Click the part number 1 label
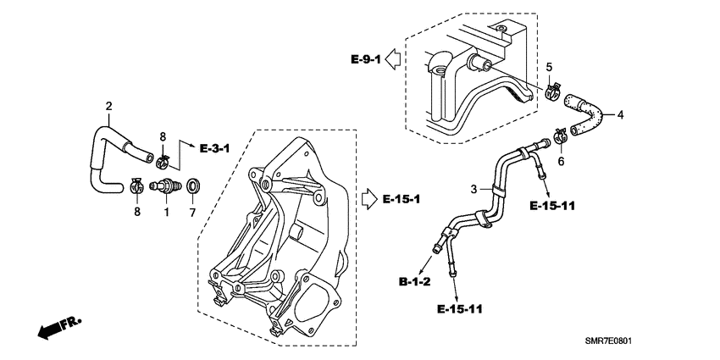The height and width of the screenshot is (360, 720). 167,213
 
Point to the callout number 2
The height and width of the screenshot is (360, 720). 108,106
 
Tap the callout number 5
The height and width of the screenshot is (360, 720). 548,67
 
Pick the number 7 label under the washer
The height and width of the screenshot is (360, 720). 192,212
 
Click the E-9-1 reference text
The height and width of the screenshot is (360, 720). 366,58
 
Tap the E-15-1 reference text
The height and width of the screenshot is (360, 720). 402,199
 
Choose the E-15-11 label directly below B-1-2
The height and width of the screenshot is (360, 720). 462,309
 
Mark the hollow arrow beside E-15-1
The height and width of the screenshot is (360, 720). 369,199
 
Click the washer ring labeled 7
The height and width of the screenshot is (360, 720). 192,185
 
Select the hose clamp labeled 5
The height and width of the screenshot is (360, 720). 553,87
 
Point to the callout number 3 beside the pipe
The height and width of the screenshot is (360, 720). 475,187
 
